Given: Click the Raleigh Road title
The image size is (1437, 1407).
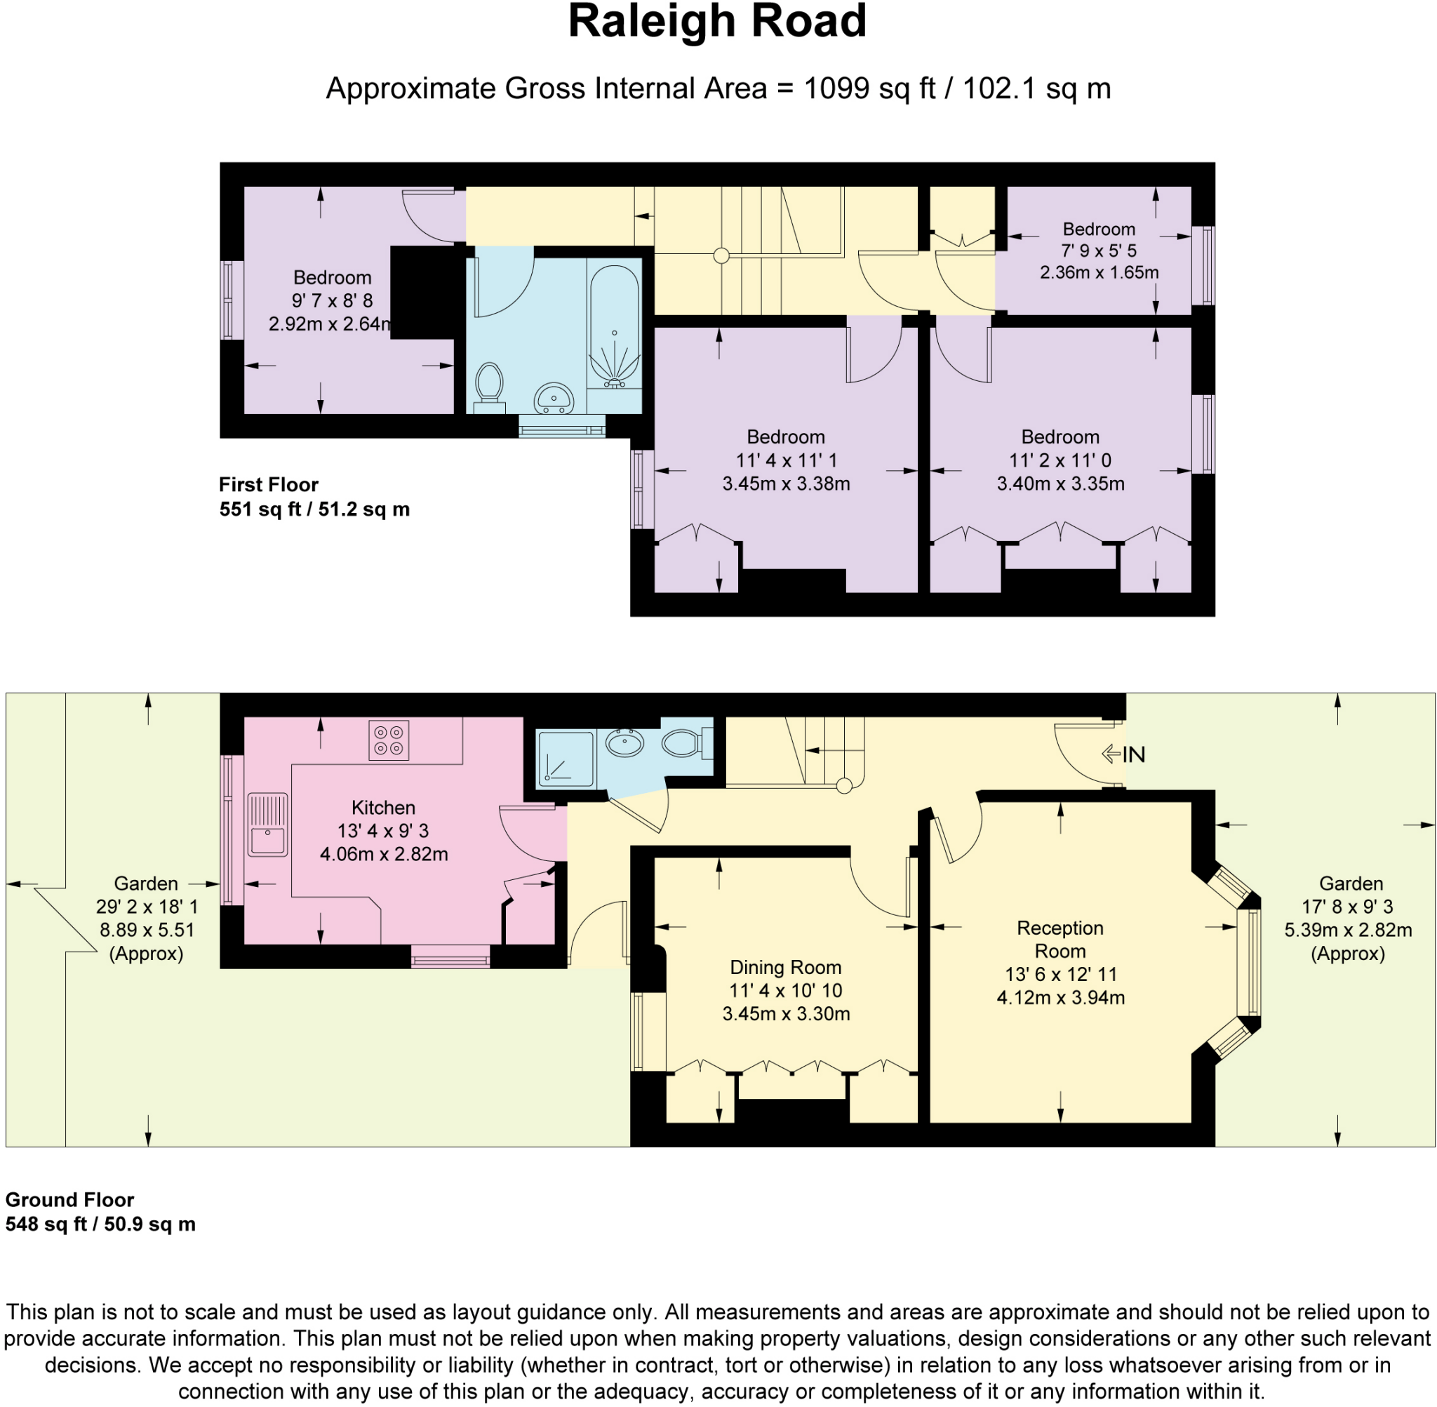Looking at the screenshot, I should [716, 22].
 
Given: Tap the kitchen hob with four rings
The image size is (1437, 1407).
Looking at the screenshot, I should [389, 740].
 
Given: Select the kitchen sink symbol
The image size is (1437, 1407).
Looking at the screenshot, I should [267, 824].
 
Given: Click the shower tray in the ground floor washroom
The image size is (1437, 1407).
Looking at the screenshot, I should [566, 758].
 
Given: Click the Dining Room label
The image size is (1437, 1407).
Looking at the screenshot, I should [785, 967].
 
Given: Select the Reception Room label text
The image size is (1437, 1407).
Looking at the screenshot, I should [1060, 939].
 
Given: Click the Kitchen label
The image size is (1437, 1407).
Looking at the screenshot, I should [382, 808].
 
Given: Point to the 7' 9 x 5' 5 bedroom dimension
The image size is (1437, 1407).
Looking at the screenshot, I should [1099, 251].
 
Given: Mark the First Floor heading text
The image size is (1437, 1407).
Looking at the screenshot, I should [268, 485].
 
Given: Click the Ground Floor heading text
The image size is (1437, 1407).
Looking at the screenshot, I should [69, 1200].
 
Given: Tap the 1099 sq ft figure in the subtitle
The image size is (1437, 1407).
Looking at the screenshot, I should [869, 88].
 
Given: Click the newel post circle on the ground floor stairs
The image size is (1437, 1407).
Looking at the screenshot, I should [843, 785].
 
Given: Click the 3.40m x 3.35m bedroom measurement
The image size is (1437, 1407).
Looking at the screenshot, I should [1060, 484].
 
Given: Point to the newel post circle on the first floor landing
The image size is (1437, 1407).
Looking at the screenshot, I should [721, 256].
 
